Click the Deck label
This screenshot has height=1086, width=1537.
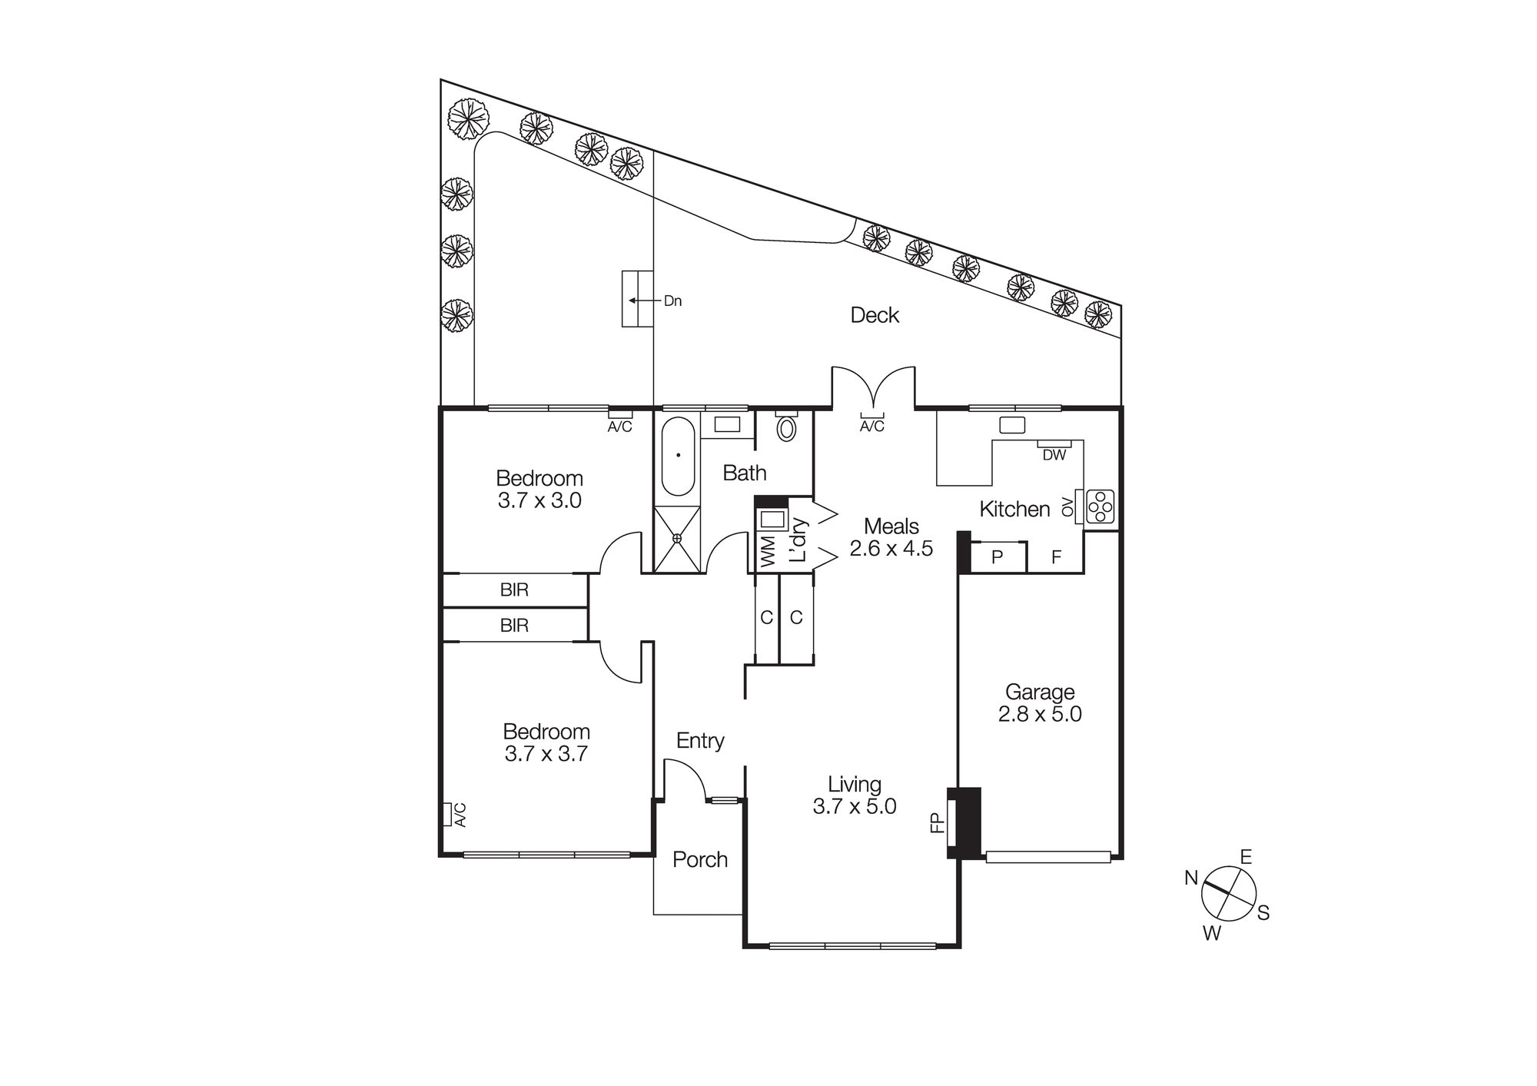pos(875,315)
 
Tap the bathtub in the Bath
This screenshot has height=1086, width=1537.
pos(678,457)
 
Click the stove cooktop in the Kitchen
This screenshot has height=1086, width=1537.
pos(1100,506)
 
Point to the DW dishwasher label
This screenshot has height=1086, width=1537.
pos(1054,455)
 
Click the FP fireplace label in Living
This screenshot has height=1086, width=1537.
pos(937,823)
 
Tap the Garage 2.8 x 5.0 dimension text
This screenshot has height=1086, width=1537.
pos(1040,714)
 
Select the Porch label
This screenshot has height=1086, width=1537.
pos(699,859)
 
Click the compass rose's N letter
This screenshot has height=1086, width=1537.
pos(1191,878)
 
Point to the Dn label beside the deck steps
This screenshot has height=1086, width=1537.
pos(672,301)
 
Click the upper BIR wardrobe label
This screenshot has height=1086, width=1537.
pos(514,590)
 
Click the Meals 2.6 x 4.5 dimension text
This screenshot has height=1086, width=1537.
pos(891,549)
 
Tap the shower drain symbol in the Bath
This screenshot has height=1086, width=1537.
pos(677,539)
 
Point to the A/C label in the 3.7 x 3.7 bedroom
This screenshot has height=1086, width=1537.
pos(460,814)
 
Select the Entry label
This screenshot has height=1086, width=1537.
pos(700,741)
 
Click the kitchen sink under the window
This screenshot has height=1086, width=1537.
pos(1012,425)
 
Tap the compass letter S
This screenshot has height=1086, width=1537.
pos(1263,913)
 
